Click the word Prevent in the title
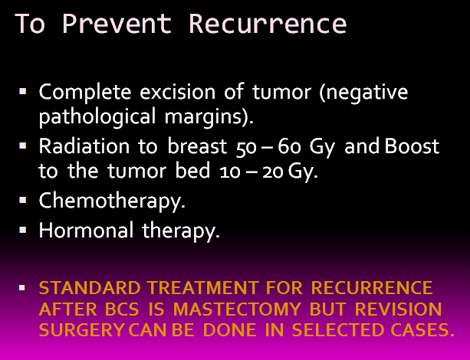pyautogui.click(x=117, y=24)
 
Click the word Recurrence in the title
pyautogui.click(x=268, y=24)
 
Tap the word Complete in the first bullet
pyautogui.click(x=85, y=92)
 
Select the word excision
pyautogui.click(x=177, y=92)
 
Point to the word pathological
pyautogui.click(x=97, y=116)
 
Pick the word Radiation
pyautogui.click(x=84, y=146)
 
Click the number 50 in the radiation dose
pyautogui.click(x=246, y=148)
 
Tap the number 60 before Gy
pyautogui.click(x=289, y=146)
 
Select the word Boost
pyautogui.click(x=412, y=146)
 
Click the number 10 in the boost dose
pyautogui.click(x=230, y=172)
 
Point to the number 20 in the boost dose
pyautogui.click(x=273, y=172)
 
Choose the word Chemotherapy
pyautogui.click(x=112, y=201)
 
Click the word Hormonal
pyautogui.click(x=86, y=230)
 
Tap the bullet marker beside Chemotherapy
pyautogui.click(x=22, y=200)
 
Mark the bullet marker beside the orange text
pyautogui.click(x=22, y=287)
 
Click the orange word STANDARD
pyautogui.click(x=90, y=288)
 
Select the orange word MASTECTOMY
pyautogui.click(x=237, y=309)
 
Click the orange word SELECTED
pyautogui.click(x=337, y=330)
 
